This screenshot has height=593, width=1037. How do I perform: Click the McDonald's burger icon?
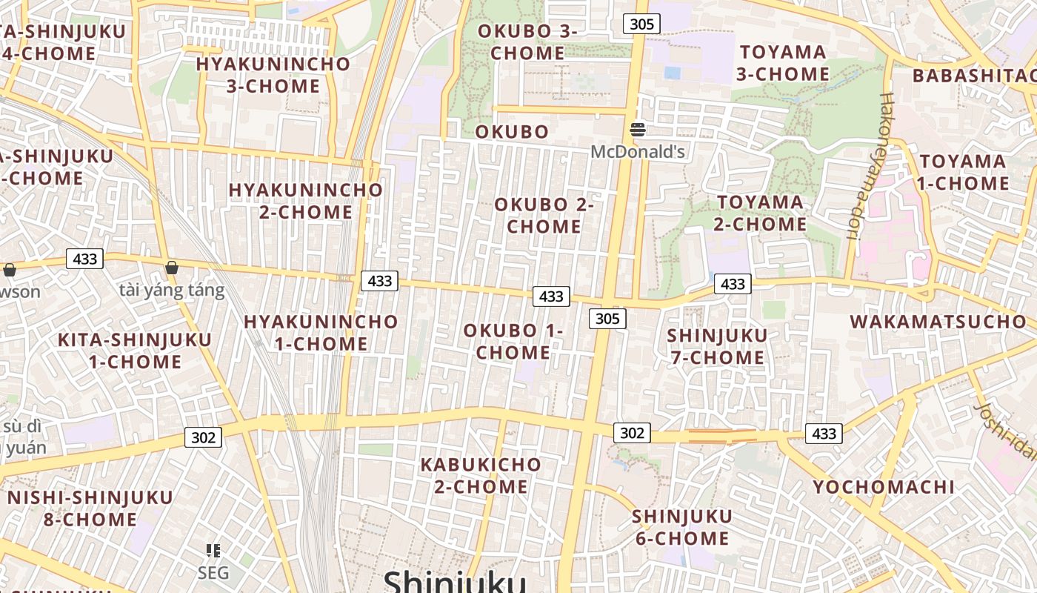[x=638, y=130]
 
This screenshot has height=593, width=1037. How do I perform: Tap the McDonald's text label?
[x=638, y=153]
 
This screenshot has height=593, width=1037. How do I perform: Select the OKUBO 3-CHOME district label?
[x=527, y=42]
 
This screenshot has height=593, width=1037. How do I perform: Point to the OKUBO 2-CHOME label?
[x=544, y=215]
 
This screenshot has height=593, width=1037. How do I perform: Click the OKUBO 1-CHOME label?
[x=513, y=342]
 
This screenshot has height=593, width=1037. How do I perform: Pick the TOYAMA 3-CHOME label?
[x=783, y=63]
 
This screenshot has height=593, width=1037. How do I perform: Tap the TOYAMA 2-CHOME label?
[x=760, y=213]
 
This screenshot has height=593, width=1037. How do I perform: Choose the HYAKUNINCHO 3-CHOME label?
[x=273, y=74]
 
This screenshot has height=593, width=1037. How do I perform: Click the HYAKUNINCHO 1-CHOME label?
[x=321, y=333]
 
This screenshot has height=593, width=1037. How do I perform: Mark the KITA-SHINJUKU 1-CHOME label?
[x=135, y=351]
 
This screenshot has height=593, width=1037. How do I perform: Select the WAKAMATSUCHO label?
[x=938, y=322]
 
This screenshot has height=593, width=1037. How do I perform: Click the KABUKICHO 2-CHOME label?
[x=481, y=475]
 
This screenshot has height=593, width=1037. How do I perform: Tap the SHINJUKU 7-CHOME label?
[x=717, y=346]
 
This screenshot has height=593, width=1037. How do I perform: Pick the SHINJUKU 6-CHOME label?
[x=682, y=527]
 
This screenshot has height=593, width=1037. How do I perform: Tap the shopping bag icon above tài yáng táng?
[x=172, y=268]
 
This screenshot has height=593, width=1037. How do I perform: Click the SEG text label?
[x=213, y=573]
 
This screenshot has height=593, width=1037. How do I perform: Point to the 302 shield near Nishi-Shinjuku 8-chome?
[x=203, y=437]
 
